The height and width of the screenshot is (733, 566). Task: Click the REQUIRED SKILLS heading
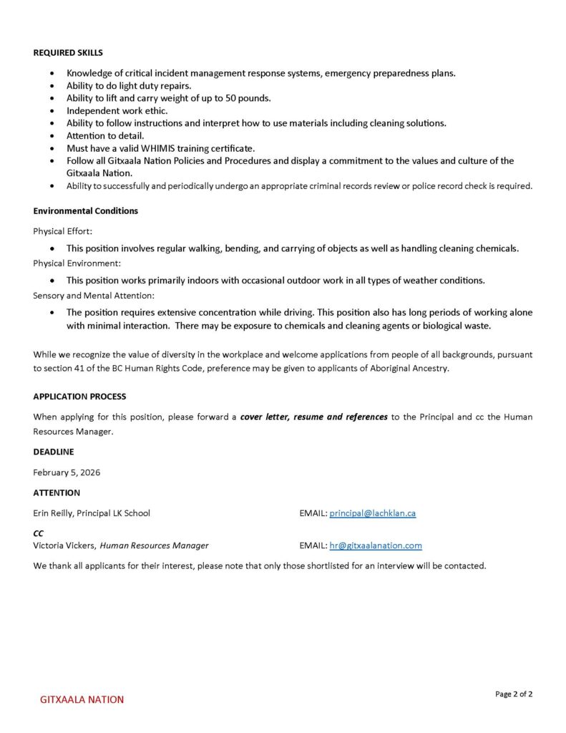pyautogui.click(x=68, y=52)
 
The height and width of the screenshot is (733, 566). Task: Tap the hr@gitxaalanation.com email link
pyautogui.click(x=376, y=545)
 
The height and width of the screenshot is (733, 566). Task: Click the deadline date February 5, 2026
pyautogui.click(x=67, y=472)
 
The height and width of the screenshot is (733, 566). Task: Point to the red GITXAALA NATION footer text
pyautogui.click(x=82, y=699)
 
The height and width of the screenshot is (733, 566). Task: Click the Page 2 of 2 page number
pyautogui.click(x=514, y=694)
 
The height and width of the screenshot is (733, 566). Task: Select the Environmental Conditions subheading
pyautogui.click(x=85, y=210)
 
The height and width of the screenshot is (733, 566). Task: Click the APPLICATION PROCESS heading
pyautogui.click(x=79, y=397)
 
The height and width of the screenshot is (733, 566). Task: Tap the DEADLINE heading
pyautogui.click(x=54, y=452)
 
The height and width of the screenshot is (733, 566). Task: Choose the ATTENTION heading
pyautogui.click(x=57, y=492)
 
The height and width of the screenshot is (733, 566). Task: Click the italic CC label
pyautogui.click(x=39, y=533)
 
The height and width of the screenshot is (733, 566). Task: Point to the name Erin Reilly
pyautogui.click(x=52, y=513)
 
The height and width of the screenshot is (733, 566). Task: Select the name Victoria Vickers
pyautogui.click(x=64, y=545)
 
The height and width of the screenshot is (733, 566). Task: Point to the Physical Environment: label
pyautogui.click(x=77, y=263)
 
